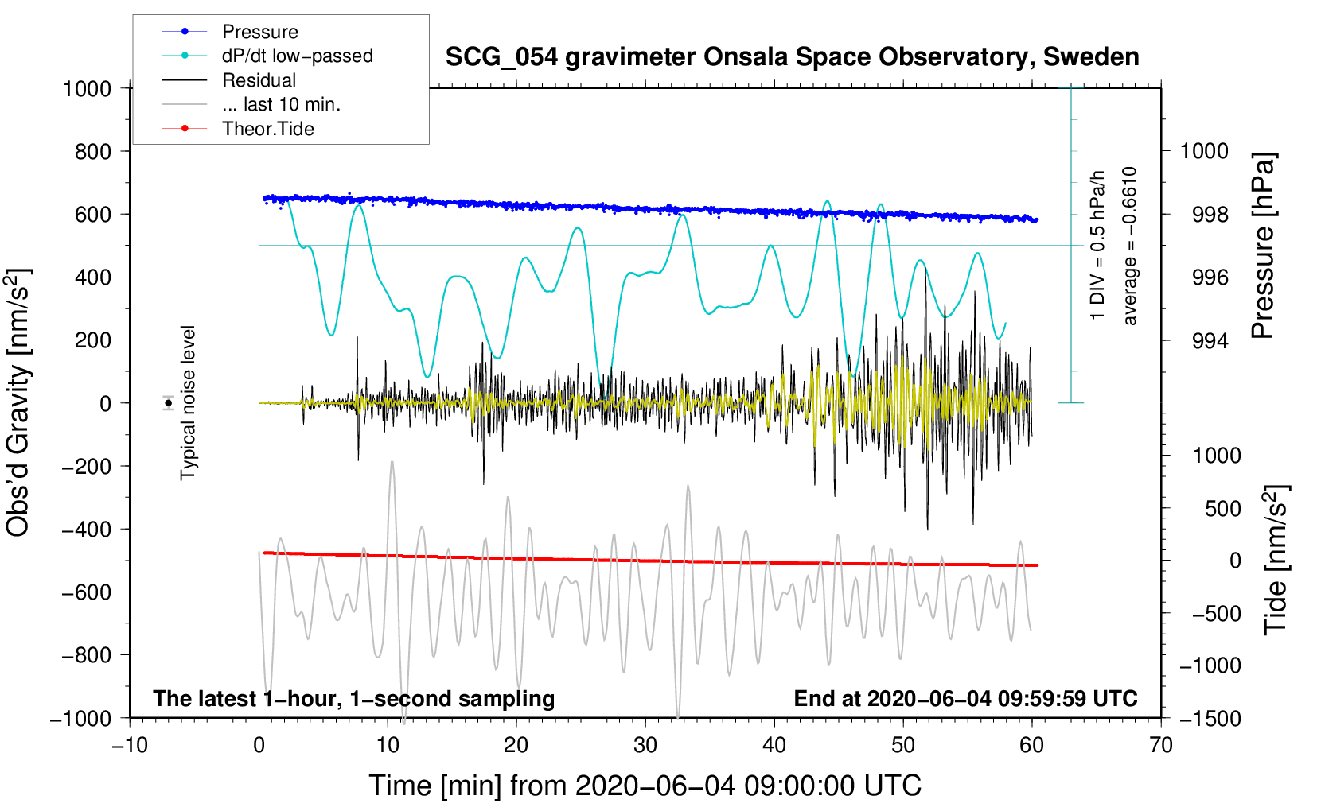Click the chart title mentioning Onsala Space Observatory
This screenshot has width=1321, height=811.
(792, 57)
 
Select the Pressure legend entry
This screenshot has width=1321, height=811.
(260, 32)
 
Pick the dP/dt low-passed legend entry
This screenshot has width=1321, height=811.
(297, 56)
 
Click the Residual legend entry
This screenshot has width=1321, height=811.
(259, 80)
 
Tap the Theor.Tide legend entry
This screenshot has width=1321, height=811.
(267, 129)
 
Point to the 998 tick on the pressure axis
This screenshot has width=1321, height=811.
(1210, 215)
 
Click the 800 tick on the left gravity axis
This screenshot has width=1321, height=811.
(92, 151)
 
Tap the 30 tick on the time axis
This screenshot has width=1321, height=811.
(645, 746)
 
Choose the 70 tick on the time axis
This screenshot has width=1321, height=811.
(1161, 746)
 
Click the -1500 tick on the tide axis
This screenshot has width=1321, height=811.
(1210, 719)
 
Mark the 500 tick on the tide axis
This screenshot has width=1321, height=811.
(1222, 509)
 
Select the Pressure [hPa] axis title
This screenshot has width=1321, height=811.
(1264, 246)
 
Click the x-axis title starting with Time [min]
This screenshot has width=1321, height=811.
(645, 786)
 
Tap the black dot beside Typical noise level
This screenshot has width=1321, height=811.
(168, 403)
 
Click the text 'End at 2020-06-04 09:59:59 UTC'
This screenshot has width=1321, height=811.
(965, 699)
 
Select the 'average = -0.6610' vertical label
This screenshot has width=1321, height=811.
(1129, 246)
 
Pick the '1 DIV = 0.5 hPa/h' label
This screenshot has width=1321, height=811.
(1098, 246)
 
